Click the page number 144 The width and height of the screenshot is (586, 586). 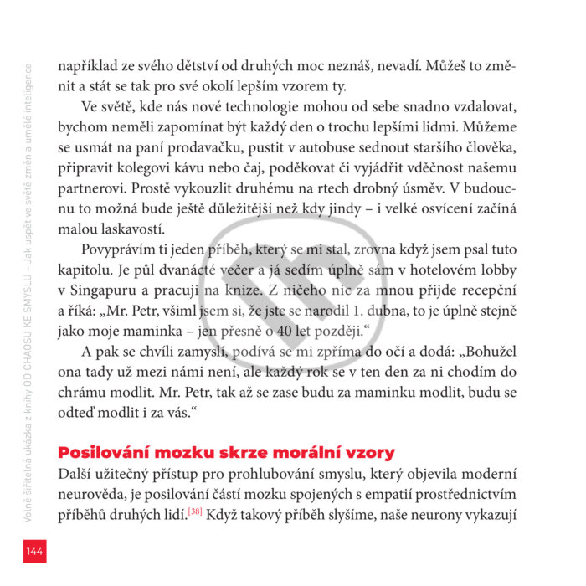(34, 550)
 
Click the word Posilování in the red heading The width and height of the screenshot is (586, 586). (107, 453)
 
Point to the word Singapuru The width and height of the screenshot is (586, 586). (100, 290)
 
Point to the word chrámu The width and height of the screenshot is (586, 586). (82, 390)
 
